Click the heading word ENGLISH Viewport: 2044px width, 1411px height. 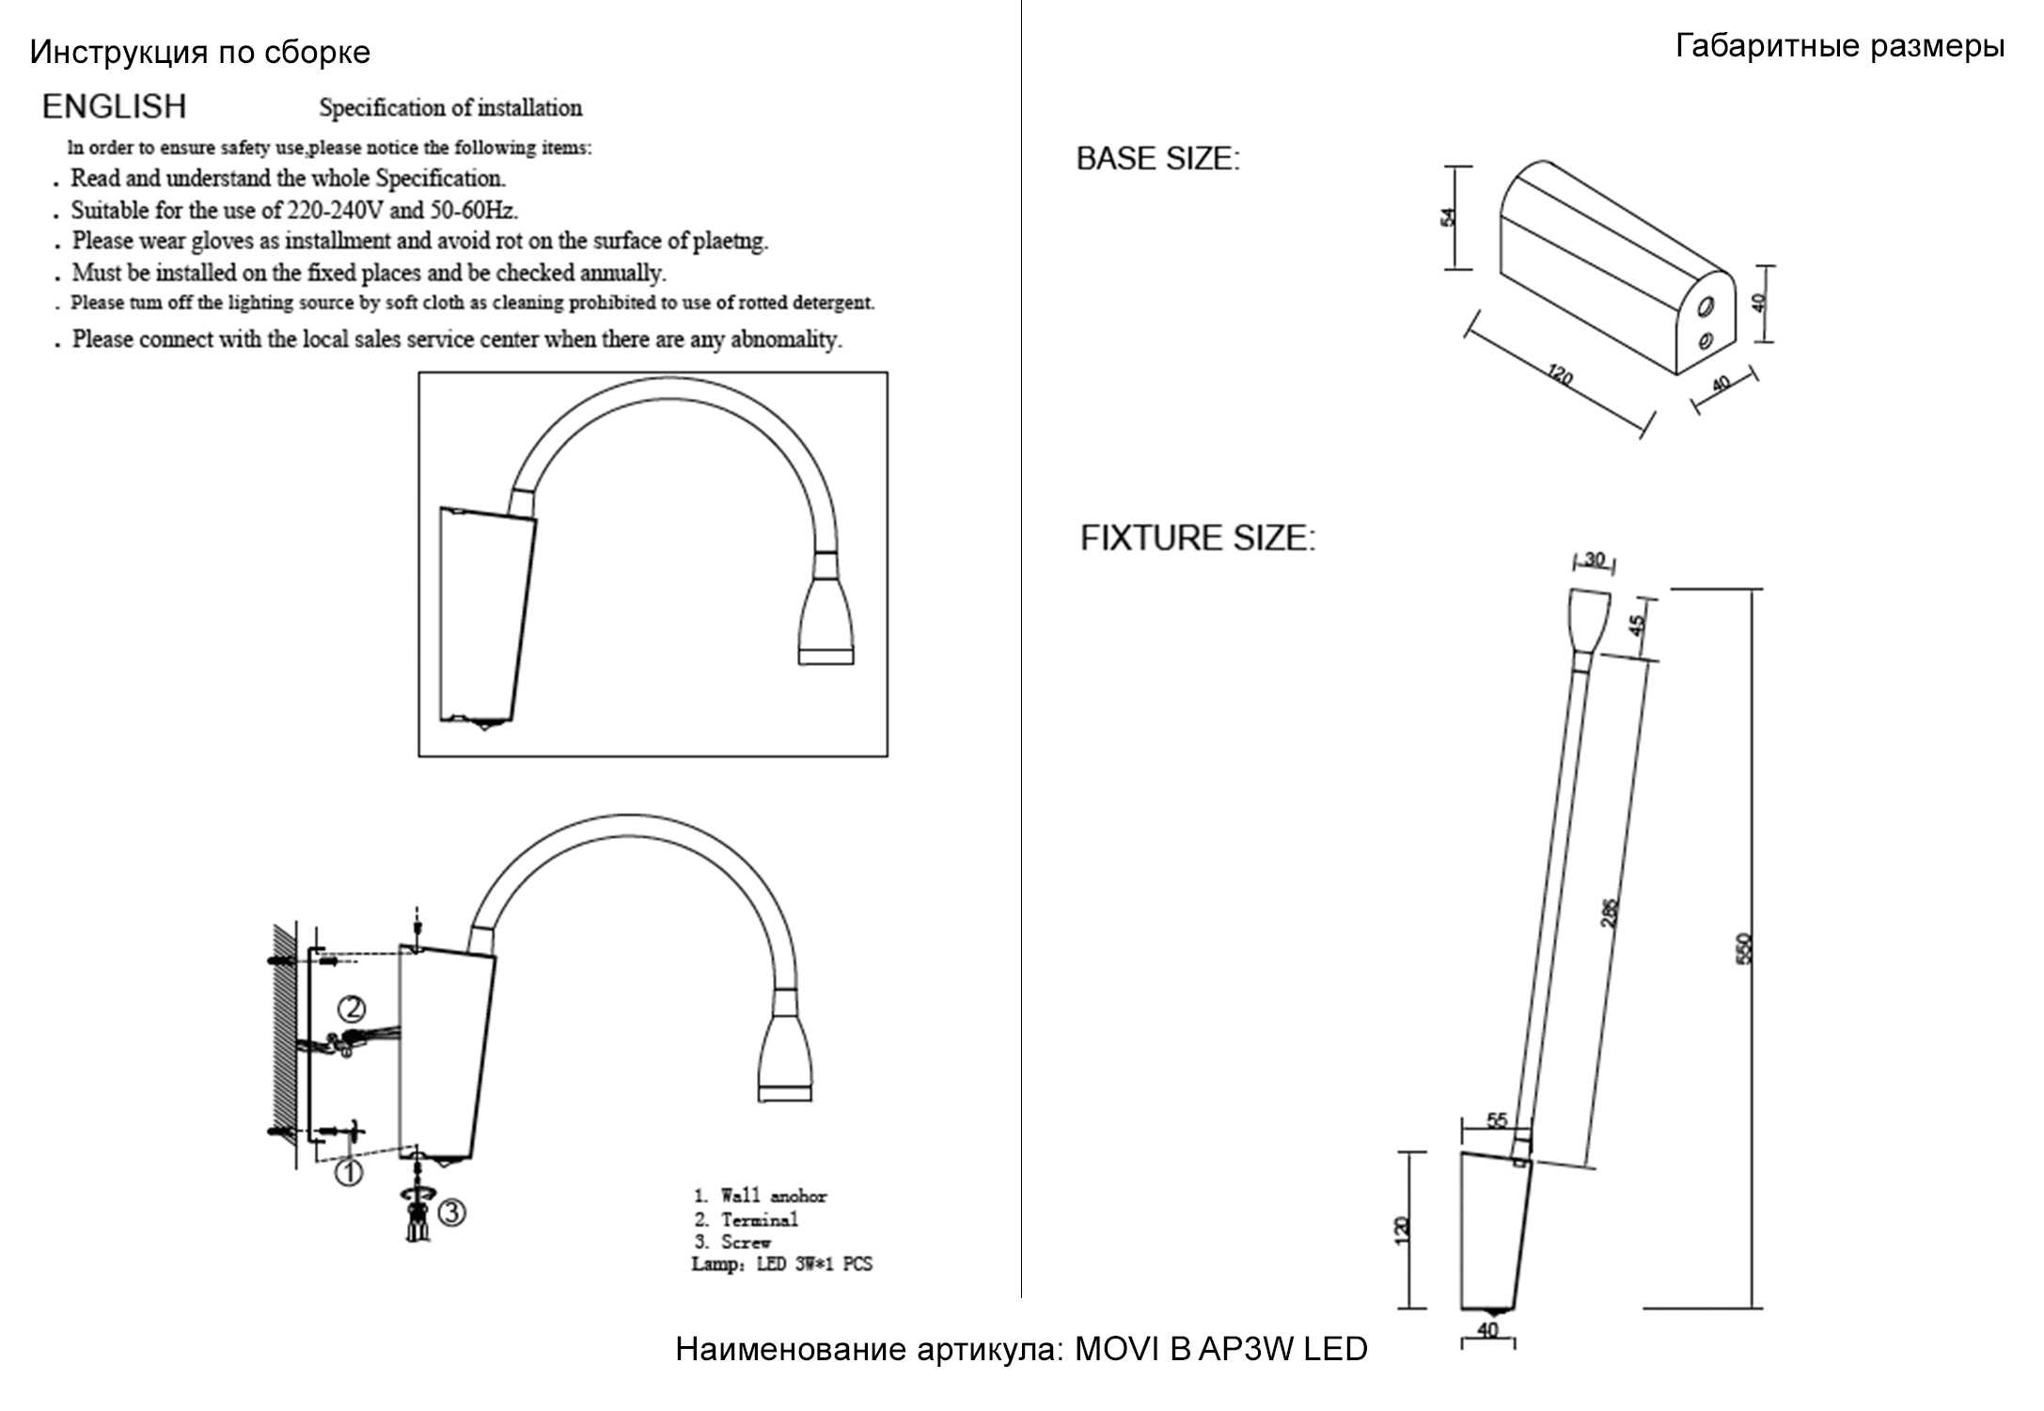click(x=114, y=107)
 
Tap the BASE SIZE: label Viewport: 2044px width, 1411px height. click(x=1157, y=159)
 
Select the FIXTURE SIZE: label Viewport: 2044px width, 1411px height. click(x=1197, y=538)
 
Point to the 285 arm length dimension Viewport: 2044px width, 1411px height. click(x=1609, y=912)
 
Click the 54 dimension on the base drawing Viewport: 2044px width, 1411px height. click(x=1448, y=217)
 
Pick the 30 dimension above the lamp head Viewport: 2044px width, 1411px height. click(x=1595, y=560)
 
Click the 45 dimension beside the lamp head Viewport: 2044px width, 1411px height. click(x=1637, y=625)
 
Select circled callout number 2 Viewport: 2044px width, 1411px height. click(x=351, y=1009)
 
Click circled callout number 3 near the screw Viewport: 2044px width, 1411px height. click(x=451, y=1213)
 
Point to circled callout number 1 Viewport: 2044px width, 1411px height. click(x=349, y=1173)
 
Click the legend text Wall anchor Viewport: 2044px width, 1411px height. click(x=773, y=1197)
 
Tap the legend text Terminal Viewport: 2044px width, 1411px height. click(x=759, y=1220)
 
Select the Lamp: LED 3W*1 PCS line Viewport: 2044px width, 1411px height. click(x=781, y=1264)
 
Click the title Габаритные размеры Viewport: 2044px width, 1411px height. click(x=1839, y=46)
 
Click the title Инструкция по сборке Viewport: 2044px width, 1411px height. click(x=199, y=53)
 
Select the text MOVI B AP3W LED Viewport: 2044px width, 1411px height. click(x=1220, y=1350)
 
